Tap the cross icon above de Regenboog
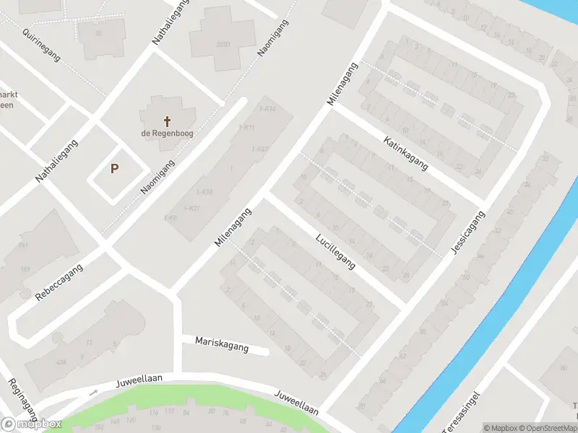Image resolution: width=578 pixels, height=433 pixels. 168,121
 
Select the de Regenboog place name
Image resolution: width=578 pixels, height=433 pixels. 168,134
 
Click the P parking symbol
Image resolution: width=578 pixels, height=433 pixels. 114,169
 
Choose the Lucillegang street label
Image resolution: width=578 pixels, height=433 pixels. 336,251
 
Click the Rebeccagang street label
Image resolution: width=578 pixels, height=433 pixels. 59,282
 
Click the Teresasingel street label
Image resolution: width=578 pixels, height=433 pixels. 460,414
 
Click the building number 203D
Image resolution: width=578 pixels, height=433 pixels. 223,44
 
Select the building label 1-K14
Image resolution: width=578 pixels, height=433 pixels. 267,109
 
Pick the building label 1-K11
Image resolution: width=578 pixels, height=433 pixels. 246,128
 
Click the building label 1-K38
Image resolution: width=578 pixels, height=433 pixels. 204,192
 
